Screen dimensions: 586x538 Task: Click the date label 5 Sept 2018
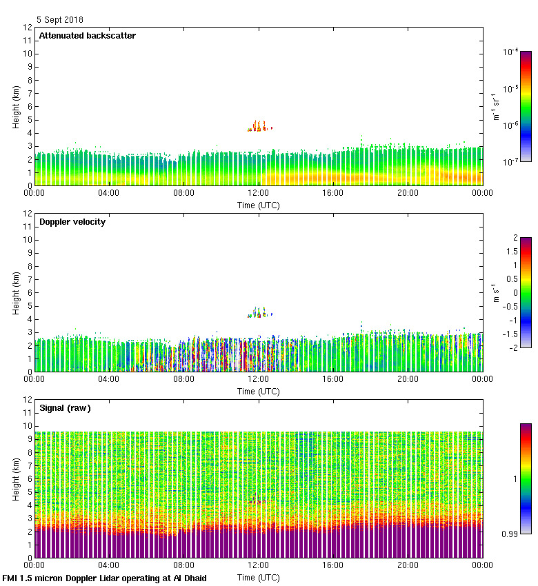60,20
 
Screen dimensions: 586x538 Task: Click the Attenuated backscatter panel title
87,36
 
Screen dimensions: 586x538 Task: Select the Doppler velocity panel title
72,222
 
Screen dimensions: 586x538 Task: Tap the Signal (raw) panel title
65,408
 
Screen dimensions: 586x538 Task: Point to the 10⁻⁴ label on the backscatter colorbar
510,52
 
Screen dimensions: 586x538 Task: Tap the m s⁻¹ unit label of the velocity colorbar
495,293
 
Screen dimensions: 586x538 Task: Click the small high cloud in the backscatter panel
260,126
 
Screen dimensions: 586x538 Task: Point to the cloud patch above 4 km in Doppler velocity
260,313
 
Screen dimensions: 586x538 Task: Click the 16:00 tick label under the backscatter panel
333,193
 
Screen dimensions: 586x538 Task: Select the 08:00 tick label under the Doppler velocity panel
183,379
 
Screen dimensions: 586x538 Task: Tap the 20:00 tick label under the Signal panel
408,565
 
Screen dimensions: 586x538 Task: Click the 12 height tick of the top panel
28,28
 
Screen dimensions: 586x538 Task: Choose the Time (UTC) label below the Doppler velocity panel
259,391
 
